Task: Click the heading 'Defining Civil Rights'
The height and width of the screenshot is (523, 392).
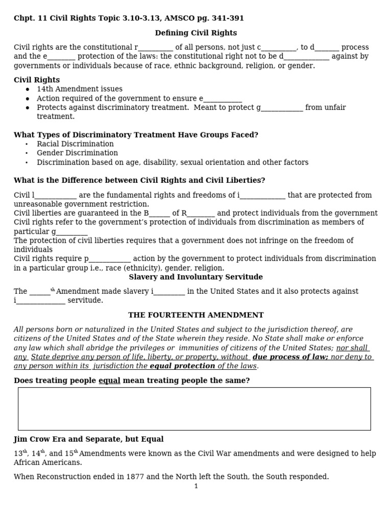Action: (196, 33)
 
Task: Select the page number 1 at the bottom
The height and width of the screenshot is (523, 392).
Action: (196, 486)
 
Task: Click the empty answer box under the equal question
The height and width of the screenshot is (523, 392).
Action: (194, 409)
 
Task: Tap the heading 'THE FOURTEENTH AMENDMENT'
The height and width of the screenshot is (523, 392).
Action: (196, 315)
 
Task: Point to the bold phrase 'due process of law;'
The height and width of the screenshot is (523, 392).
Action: (290, 357)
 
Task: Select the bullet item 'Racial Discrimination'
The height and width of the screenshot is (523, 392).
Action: (75, 144)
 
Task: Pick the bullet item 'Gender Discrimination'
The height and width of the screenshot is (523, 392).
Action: (77, 153)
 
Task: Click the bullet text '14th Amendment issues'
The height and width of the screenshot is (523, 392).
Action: (79, 89)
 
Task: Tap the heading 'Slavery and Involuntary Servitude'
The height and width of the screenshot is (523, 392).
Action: (196, 277)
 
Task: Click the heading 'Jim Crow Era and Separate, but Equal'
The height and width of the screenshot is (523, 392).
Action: (89, 439)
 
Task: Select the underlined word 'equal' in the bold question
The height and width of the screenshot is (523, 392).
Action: (109, 381)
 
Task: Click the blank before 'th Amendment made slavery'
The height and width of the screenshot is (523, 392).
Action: (40, 292)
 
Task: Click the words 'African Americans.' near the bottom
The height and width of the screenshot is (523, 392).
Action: (47, 463)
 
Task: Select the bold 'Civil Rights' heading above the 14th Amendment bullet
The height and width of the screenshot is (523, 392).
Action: (37, 80)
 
